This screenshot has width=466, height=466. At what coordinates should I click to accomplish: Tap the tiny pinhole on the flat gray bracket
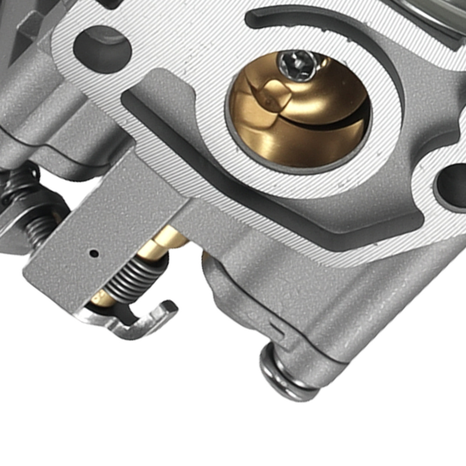94,254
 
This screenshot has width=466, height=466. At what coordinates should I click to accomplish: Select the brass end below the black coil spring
100,298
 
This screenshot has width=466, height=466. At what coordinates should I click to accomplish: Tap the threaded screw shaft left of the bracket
40,231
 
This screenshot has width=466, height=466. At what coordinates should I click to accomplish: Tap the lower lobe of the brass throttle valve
298,144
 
